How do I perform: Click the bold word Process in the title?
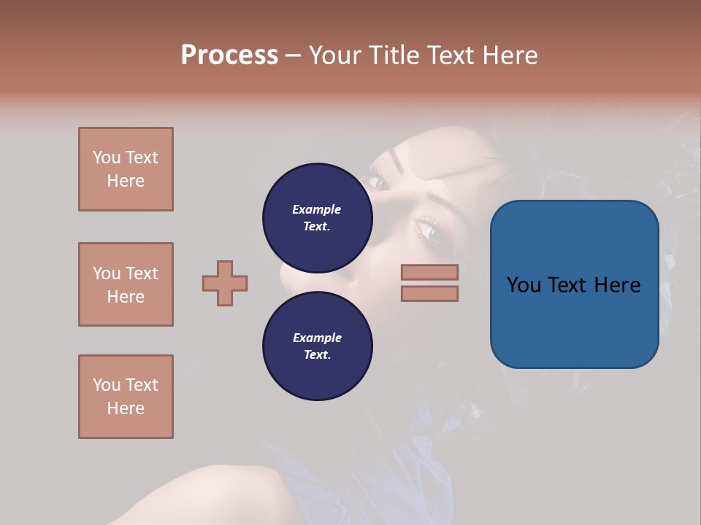229,55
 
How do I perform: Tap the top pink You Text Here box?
126,169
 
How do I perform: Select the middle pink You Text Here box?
126,284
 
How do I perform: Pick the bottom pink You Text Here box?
126,397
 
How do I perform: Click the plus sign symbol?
225,283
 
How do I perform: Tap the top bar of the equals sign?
429,272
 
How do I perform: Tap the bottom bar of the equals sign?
429,293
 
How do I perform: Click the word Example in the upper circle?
317,209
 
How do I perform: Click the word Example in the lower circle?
317,338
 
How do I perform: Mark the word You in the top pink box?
106,157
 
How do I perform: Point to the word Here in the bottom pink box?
126,408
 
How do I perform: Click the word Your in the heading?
337,55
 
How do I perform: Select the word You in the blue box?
524,285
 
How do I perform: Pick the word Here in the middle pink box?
126,297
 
